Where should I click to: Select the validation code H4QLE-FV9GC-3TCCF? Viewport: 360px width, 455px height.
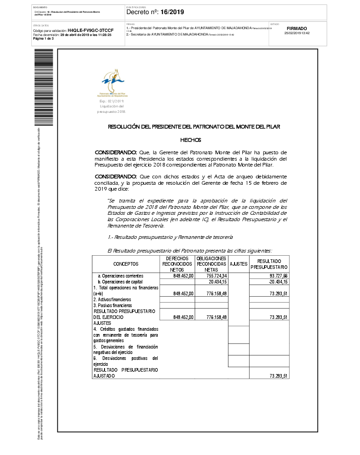click(90, 30)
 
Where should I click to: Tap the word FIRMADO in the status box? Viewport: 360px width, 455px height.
click(297, 28)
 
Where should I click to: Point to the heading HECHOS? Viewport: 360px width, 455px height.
click(190, 140)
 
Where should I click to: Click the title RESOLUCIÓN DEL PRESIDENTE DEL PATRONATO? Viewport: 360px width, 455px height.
click(194, 127)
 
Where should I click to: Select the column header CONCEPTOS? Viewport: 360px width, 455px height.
click(126, 264)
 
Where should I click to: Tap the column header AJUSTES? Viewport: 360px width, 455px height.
click(238, 264)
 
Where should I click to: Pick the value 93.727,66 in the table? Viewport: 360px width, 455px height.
click(278, 276)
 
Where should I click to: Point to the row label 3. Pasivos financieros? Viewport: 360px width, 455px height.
click(112, 305)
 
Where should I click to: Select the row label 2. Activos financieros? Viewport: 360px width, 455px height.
click(112, 299)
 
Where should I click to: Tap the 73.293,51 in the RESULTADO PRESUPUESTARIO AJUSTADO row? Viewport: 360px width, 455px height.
click(278, 376)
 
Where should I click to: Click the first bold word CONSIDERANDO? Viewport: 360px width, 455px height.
click(115, 152)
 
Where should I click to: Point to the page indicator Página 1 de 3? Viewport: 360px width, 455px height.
click(44, 39)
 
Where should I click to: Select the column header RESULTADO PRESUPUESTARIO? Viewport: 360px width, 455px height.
click(269, 264)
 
